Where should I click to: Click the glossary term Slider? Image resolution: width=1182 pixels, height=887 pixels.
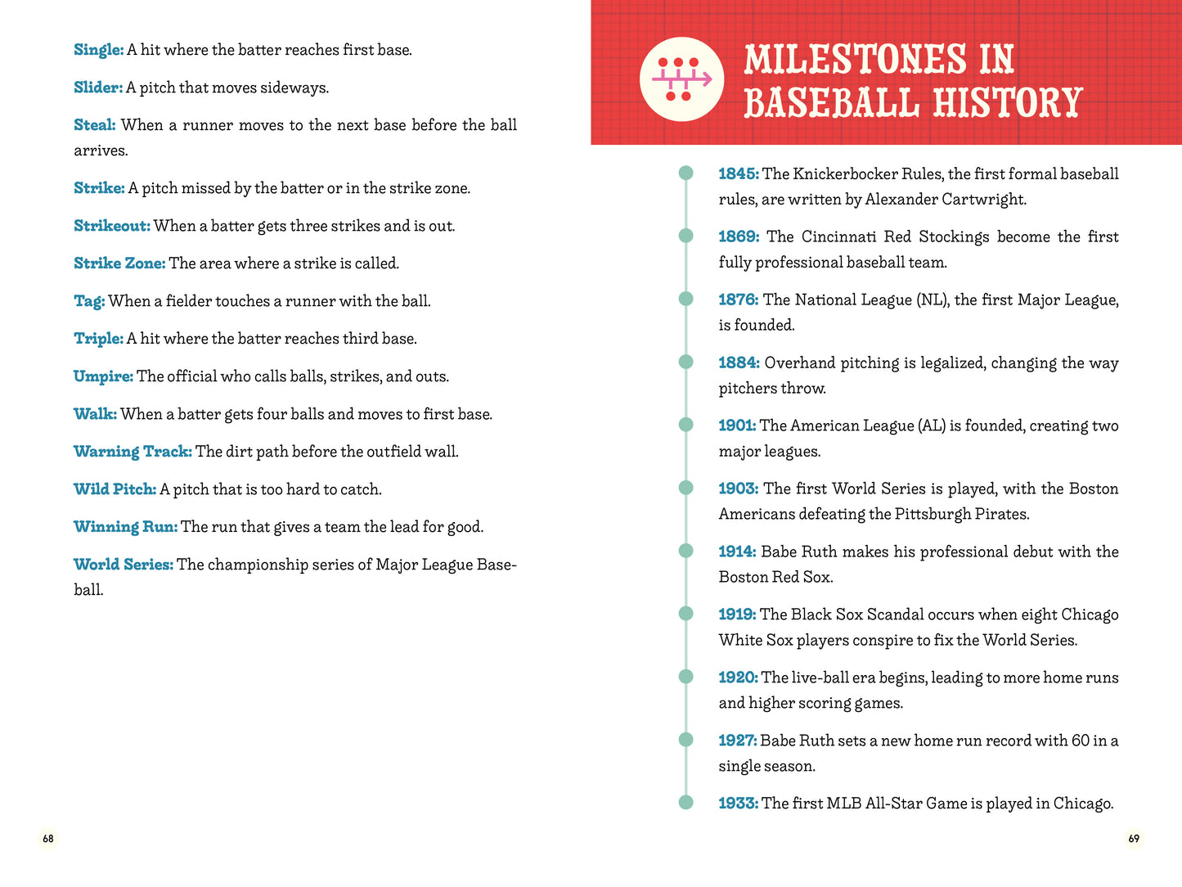tap(98, 88)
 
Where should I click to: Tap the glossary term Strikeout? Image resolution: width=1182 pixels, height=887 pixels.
tap(112, 226)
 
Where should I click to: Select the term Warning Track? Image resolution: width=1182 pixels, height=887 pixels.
tap(133, 452)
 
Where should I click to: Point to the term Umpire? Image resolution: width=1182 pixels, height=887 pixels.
tap(103, 376)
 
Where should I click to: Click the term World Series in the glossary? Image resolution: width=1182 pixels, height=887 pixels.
tap(124, 565)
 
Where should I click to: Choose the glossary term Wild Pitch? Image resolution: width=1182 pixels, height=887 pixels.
tap(115, 489)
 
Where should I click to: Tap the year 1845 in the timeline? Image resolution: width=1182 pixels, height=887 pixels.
tap(738, 173)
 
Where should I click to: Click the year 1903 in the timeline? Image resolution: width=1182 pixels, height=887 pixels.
tap(738, 489)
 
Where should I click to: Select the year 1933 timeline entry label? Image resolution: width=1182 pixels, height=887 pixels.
tap(738, 804)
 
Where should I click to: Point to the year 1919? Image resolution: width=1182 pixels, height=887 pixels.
tap(738, 615)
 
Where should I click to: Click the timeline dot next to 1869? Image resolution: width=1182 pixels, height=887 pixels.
tap(685, 236)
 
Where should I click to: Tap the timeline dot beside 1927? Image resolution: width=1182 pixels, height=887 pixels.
tap(685, 740)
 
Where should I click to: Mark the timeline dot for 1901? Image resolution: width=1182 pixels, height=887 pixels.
tap(685, 425)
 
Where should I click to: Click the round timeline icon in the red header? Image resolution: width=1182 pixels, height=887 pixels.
tap(681, 79)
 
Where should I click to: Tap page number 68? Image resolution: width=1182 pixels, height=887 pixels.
tap(48, 839)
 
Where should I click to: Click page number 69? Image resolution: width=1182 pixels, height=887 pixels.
tap(1134, 839)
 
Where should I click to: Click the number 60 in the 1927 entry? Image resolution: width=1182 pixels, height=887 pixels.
tap(1080, 741)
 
